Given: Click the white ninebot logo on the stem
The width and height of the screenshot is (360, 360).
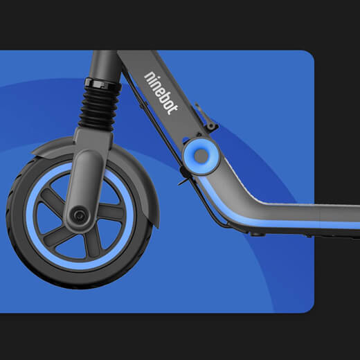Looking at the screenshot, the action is [x=161, y=93].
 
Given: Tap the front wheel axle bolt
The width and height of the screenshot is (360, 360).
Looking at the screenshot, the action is [x=79, y=215].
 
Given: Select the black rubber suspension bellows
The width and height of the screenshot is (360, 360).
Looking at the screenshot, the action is [x=99, y=107].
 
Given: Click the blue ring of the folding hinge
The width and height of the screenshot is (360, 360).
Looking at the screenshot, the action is [x=201, y=155].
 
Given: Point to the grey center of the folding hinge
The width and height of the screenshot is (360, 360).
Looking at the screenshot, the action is [x=201, y=155].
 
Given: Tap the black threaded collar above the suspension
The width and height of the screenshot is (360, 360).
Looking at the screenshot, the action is [x=102, y=84].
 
